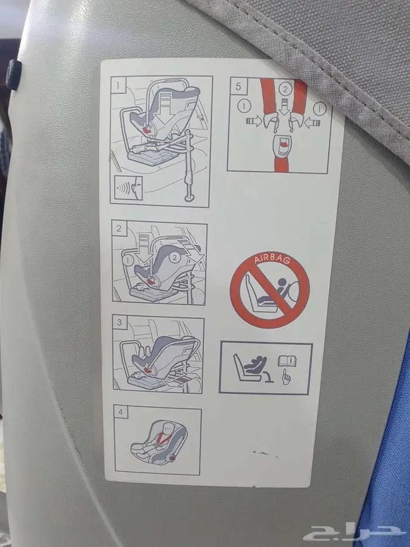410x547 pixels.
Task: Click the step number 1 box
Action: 119,86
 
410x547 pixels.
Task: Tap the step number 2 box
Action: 119,229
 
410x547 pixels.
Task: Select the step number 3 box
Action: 120,322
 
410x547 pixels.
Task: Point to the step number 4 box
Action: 121,412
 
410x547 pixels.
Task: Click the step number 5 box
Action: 238,86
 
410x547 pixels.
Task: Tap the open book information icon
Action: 287,361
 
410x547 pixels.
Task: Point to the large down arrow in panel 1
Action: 166,108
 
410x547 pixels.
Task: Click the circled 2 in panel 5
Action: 285,90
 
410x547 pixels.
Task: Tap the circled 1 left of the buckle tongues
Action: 244,106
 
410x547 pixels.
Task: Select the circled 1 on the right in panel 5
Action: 319,109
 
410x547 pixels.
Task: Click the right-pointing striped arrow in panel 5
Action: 254,121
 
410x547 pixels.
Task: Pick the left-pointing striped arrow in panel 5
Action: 312,123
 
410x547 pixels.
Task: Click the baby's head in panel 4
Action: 169,427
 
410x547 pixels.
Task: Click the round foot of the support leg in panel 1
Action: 190,198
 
